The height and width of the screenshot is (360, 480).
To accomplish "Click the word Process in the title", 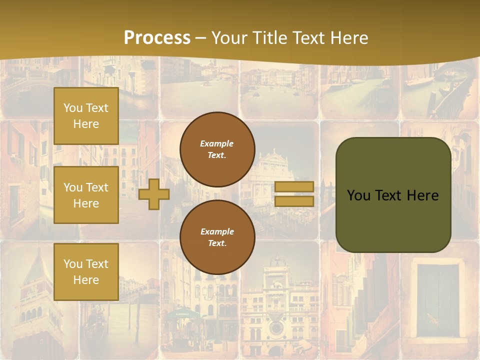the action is (x=157, y=37).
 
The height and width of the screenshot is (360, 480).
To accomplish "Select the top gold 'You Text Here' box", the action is (x=86, y=116).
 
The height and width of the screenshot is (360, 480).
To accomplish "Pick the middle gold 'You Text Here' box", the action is (x=86, y=195).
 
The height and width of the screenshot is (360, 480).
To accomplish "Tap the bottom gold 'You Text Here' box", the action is (x=86, y=271).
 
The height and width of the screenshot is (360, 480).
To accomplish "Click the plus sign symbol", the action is (x=154, y=194).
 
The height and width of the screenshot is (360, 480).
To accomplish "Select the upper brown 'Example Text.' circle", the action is (x=217, y=149).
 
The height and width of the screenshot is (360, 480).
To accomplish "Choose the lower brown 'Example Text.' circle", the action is (x=217, y=237).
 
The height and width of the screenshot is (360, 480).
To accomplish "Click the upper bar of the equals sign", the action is (x=294, y=186).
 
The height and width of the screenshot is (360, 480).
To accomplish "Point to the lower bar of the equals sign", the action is (x=294, y=201).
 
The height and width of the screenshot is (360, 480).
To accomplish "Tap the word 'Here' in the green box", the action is (x=422, y=195).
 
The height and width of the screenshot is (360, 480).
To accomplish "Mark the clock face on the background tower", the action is (x=275, y=328).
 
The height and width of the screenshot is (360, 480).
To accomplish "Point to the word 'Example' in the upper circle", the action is (x=217, y=143).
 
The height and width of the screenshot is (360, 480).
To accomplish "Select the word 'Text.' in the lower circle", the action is (x=217, y=243).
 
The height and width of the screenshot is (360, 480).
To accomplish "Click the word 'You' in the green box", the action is (x=358, y=195).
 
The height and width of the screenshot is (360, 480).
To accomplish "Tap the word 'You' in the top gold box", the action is (x=73, y=108).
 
